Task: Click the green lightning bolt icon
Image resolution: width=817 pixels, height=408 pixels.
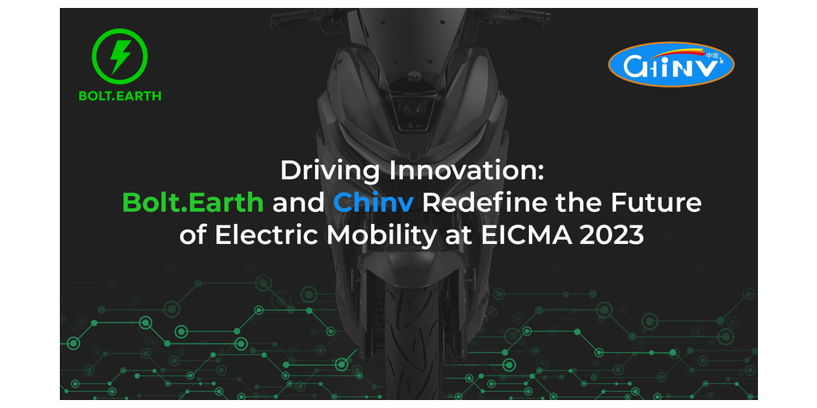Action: click(120, 57)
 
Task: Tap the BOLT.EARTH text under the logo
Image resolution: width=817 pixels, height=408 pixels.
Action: click(120, 96)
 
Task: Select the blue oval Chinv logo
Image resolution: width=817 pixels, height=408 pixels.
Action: click(671, 65)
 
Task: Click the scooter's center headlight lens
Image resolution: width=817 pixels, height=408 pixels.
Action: click(408, 109)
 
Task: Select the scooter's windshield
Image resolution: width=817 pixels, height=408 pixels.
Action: click(408, 31)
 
